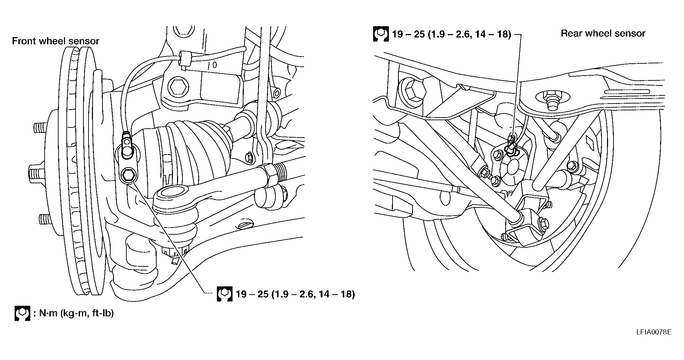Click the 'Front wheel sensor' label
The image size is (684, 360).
pyautogui.click(x=55, y=41)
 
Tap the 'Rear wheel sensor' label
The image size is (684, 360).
pyautogui.click(x=603, y=33)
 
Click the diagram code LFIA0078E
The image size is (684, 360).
pyautogui.click(x=654, y=332)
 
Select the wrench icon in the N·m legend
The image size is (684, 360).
pyautogui.click(x=22, y=313)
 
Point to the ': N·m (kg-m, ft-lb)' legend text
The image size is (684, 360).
pyautogui.click(x=74, y=313)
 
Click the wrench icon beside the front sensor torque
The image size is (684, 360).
pyautogui.click(x=224, y=294)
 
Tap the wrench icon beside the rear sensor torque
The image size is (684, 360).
pyautogui.click(x=381, y=34)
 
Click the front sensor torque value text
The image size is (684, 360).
pyautogui.click(x=296, y=294)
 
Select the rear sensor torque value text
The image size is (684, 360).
pyautogui.click(x=452, y=34)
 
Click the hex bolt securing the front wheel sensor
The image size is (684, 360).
pyautogui.click(x=128, y=175)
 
